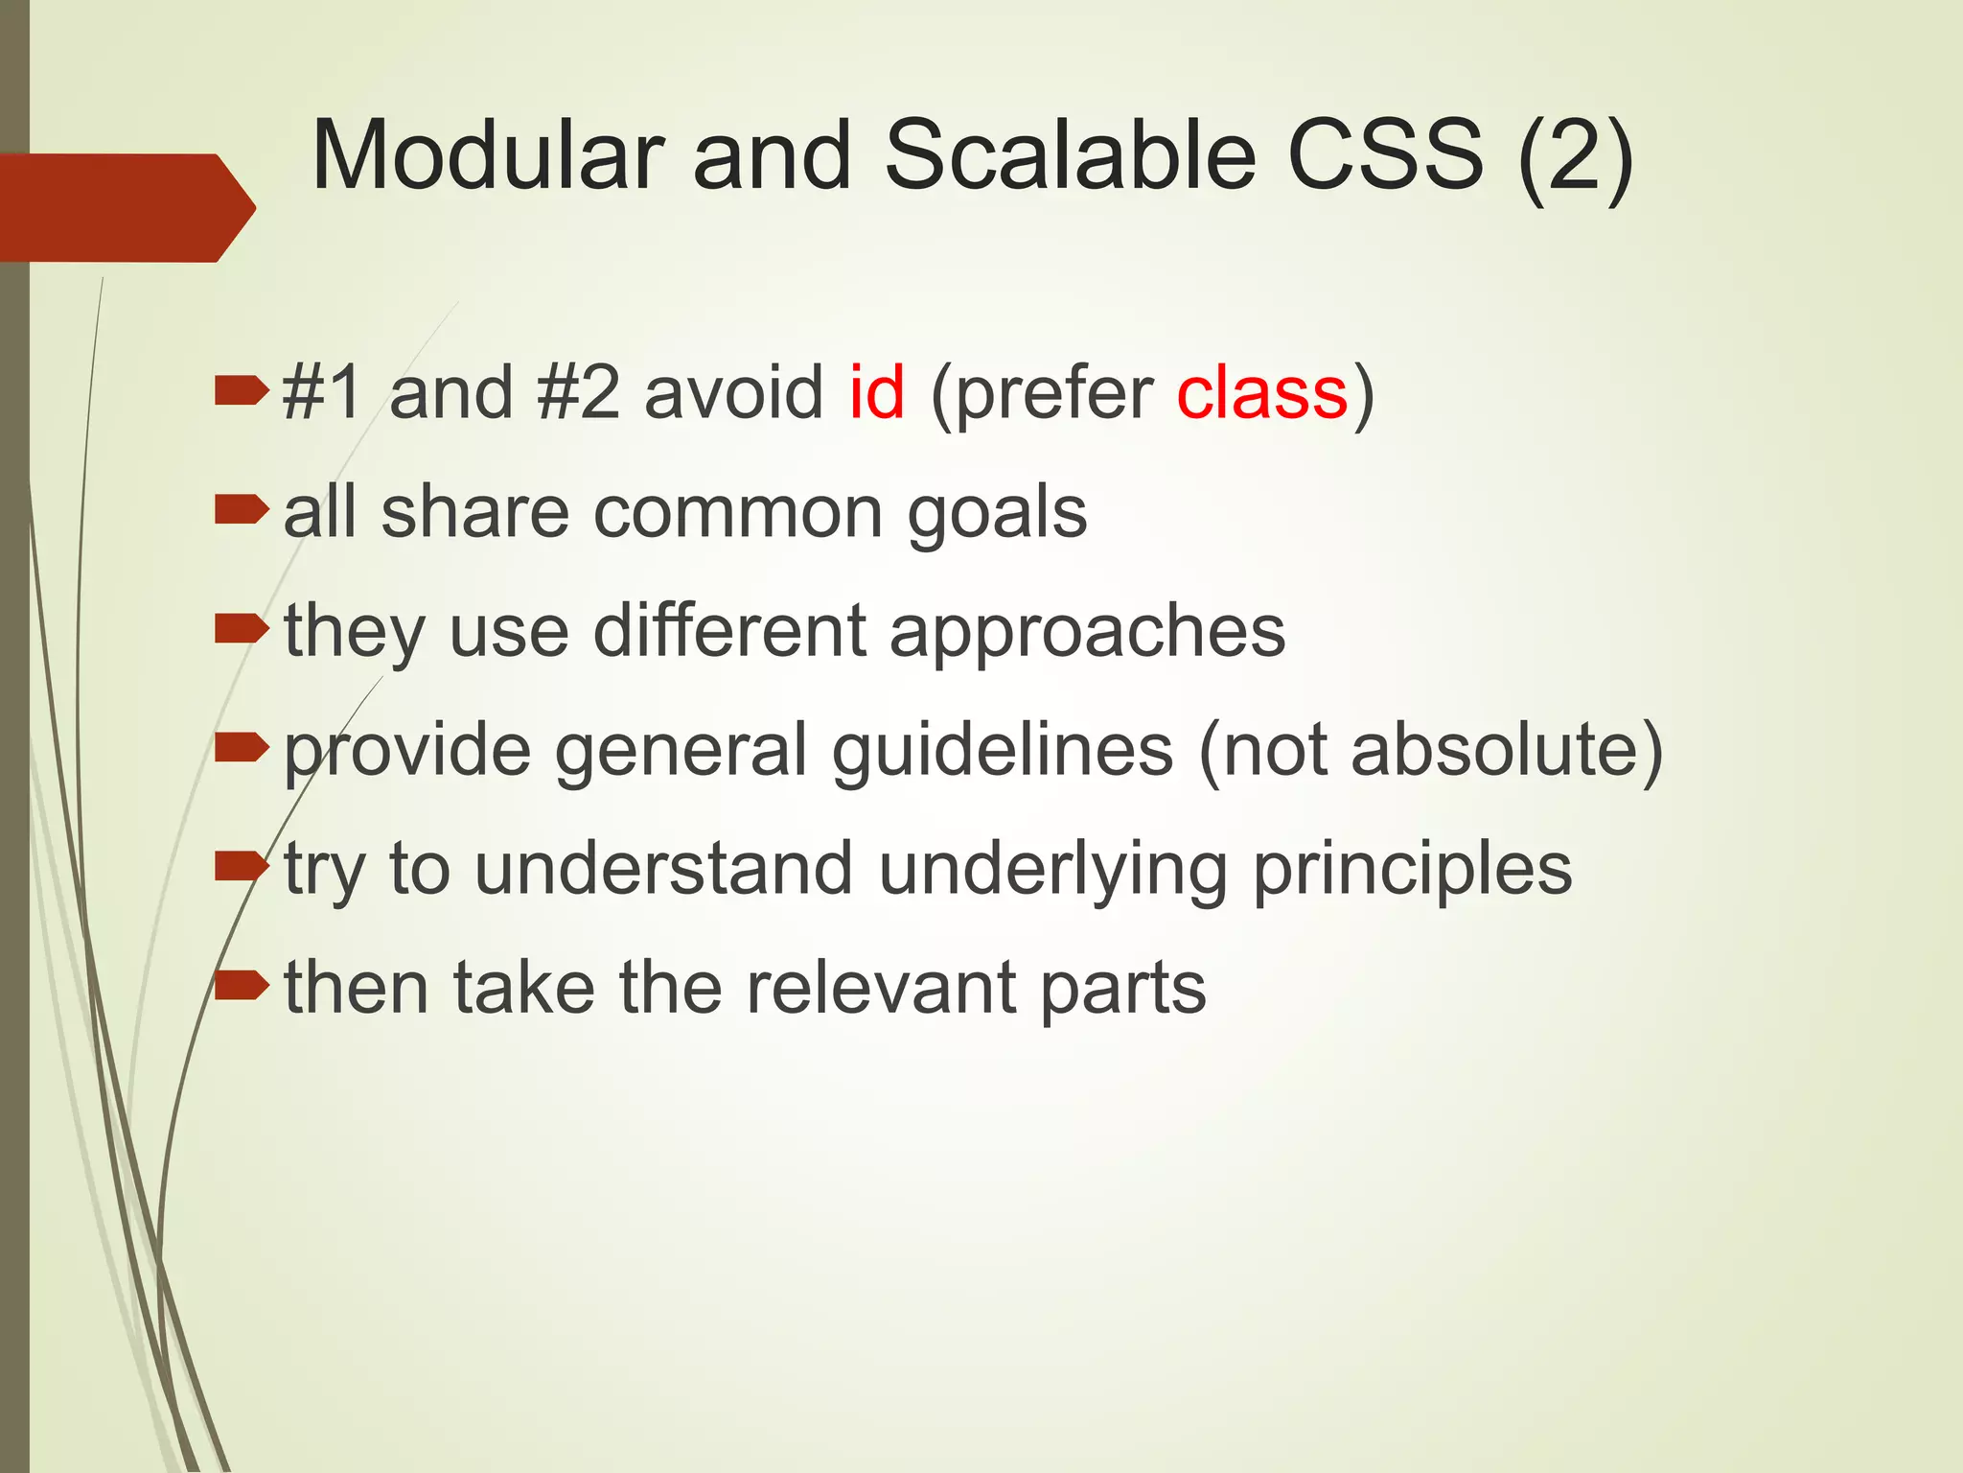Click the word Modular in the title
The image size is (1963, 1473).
[487, 156]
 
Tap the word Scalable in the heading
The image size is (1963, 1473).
[1069, 156]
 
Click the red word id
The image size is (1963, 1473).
[876, 393]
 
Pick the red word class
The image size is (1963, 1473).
[1262, 393]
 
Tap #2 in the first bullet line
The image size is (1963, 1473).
[579, 393]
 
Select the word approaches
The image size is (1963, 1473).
[1087, 633]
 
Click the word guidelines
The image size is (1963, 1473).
[1002, 751]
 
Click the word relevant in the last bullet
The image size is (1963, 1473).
[881, 988]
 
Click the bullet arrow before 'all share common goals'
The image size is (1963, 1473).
[241, 510]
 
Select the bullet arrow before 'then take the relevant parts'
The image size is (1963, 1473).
[241, 984]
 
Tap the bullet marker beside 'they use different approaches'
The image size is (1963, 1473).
[241, 629]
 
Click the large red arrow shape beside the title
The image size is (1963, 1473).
[125, 207]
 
